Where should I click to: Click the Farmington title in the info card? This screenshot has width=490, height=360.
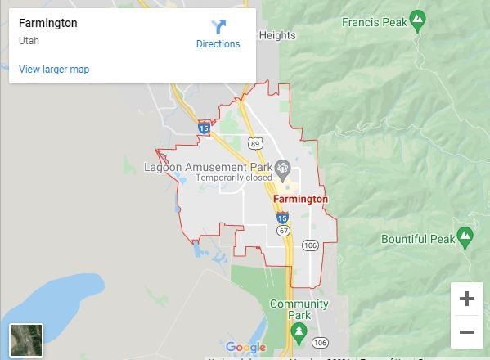[x=48, y=23]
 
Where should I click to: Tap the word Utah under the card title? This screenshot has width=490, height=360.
[x=29, y=40]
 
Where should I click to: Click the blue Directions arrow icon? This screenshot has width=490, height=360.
[x=218, y=26]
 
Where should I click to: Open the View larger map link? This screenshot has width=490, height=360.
[x=54, y=70]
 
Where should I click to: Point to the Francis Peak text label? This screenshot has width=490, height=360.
[x=374, y=21]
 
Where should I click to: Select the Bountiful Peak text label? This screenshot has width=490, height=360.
[x=417, y=239]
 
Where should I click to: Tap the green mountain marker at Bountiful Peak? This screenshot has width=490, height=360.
[x=465, y=237]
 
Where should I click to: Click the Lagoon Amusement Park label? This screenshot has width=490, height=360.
[x=208, y=167]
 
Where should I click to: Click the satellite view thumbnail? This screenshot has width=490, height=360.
[x=25, y=340]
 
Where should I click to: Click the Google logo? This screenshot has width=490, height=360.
[x=245, y=348]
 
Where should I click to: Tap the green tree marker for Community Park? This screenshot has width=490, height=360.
[x=299, y=331]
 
